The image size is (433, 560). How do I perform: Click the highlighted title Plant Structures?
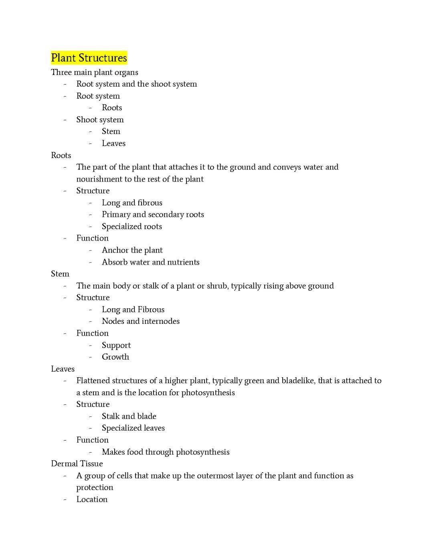pos(89,58)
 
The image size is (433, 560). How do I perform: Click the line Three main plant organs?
pos(95,73)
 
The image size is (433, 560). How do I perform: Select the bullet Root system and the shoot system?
pos(136,84)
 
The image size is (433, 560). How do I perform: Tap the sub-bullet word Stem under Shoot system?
pos(111,131)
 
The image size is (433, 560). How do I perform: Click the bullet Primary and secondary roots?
pos(153,214)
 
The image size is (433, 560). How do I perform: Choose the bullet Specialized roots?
pos(132,226)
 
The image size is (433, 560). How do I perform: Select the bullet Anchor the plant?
pos(132,250)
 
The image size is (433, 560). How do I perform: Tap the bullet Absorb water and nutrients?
pos(150,262)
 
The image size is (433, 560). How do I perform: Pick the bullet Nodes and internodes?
pos(140,321)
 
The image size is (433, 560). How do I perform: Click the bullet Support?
pos(116,345)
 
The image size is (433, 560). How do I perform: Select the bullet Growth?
pos(115,357)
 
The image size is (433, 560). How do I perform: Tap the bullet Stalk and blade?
pos(129,416)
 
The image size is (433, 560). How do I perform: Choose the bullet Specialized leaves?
pos(133,428)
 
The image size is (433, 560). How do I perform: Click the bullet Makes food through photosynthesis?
pos(166,452)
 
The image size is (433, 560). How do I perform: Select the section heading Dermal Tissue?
pos(77,464)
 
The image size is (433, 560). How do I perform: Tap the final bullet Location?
pos(92,499)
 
